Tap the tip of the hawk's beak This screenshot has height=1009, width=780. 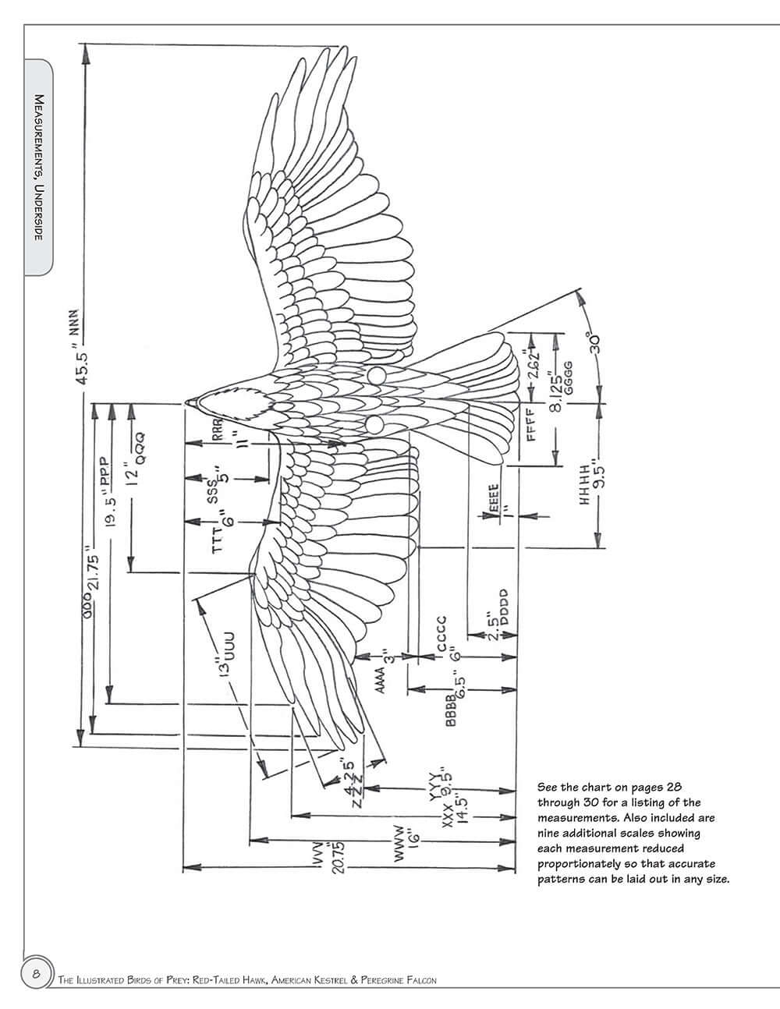(x=186, y=402)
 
